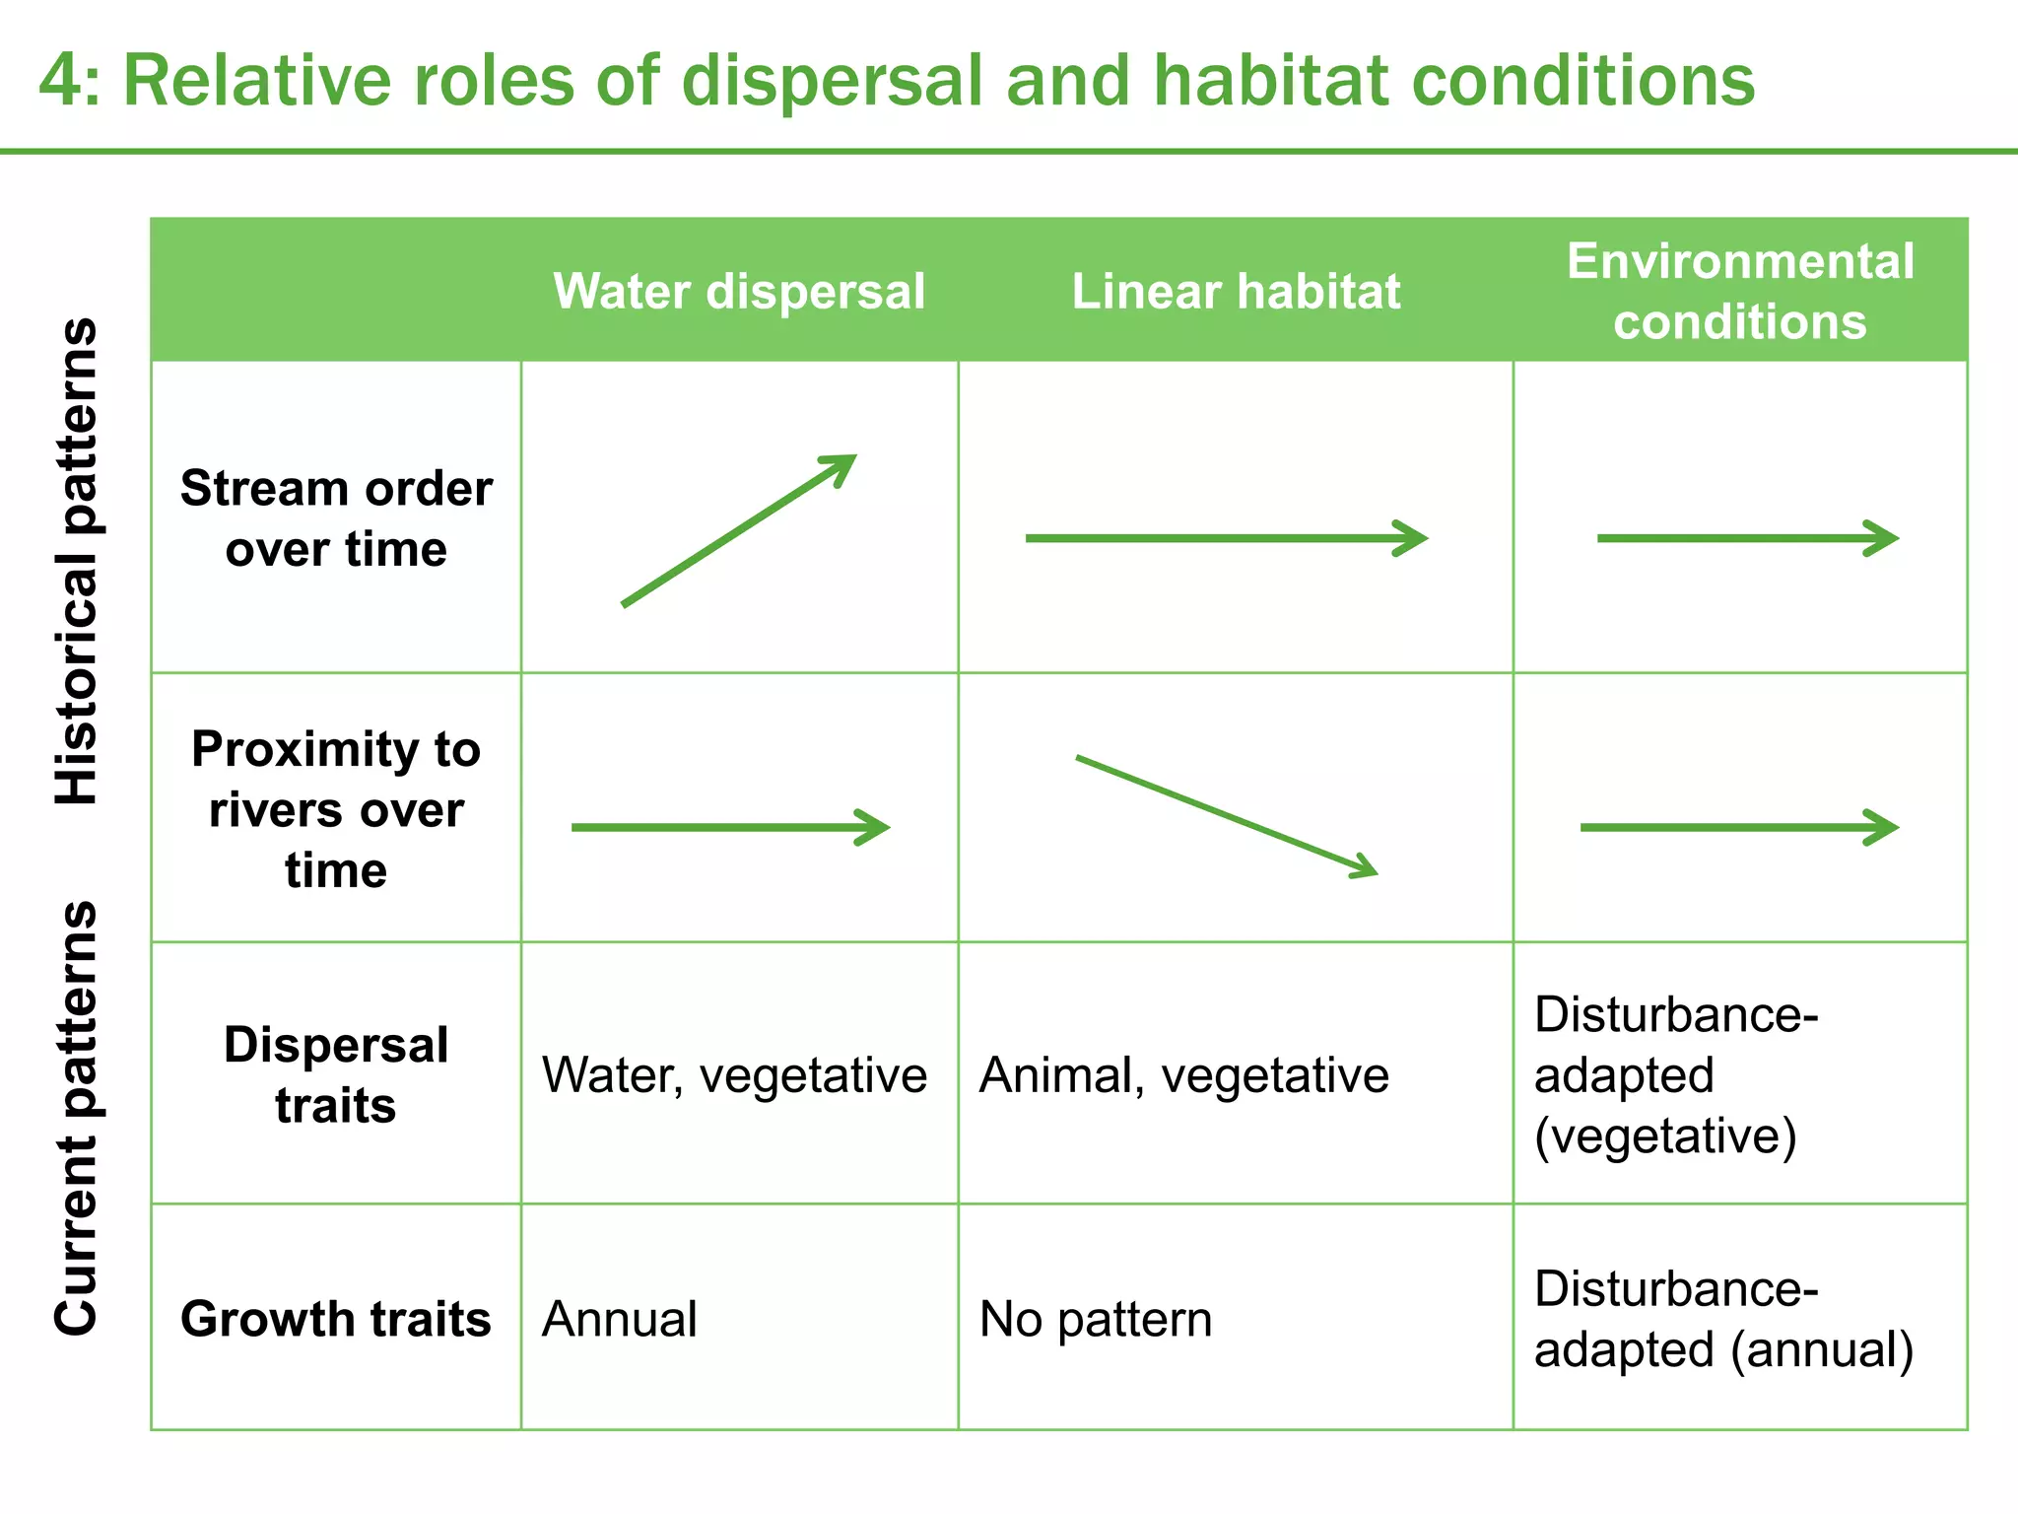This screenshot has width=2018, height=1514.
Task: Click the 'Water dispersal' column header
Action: pyautogui.click(x=739, y=292)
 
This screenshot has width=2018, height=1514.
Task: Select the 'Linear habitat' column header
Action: pyautogui.click(x=1236, y=292)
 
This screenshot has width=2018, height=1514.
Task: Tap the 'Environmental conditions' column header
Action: pyautogui.click(x=1740, y=292)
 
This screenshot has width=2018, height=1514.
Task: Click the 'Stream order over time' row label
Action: pyautogui.click(x=336, y=518)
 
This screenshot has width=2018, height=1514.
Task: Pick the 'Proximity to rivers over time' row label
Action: pyautogui.click(x=336, y=809)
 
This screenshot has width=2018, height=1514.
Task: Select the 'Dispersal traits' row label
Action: pyautogui.click(x=336, y=1074)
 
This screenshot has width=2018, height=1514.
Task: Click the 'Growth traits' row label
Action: pyautogui.click(x=336, y=1319)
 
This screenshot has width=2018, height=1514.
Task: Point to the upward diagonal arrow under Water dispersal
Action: pyautogui.click(x=739, y=530)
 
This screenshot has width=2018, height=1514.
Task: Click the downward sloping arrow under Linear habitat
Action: pyautogui.click(x=1226, y=816)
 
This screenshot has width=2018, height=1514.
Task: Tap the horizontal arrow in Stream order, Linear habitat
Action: pyautogui.click(x=1226, y=538)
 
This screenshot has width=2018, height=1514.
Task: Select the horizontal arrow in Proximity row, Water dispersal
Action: pyautogui.click(x=730, y=827)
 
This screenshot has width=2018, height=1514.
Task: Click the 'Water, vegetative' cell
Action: pyautogui.click(x=734, y=1074)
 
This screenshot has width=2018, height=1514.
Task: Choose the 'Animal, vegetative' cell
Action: pyautogui.click(x=1183, y=1074)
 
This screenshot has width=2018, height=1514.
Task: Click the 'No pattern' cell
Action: pyautogui.click(x=1096, y=1319)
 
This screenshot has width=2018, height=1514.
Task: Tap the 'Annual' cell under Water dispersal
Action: pyautogui.click(x=620, y=1319)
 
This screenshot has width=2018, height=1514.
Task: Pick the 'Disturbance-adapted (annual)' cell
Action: pyautogui.click(x=1723, y=1319)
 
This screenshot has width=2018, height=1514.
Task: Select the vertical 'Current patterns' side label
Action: pyautogui.click(x=77, y=1118)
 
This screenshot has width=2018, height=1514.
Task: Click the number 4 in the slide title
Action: pyautogui.click(x=61, y=81)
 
